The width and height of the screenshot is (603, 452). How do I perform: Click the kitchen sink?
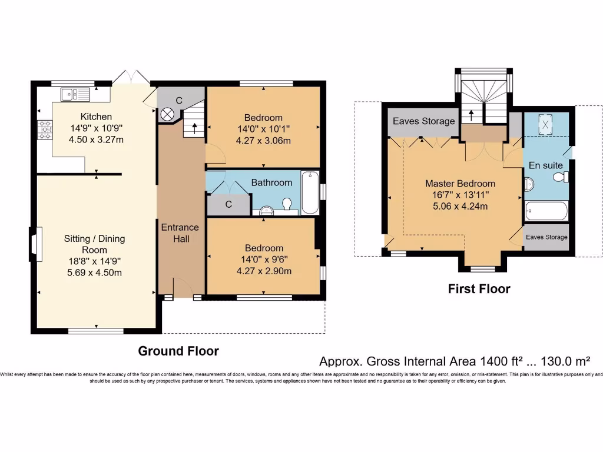pos(75,94)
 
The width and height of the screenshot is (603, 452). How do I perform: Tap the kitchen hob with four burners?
pos(45,130)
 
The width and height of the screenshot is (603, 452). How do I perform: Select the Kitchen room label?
pos(96,117)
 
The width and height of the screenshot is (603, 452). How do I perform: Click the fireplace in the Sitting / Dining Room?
pos(36,244)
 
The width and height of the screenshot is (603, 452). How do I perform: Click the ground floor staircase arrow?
pos(194,128)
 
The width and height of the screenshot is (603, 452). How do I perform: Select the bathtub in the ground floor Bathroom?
pos(310,192)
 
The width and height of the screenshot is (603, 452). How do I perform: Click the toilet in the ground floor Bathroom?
pos(287,204)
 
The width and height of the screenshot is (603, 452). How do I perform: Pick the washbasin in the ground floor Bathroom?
pos(266,210)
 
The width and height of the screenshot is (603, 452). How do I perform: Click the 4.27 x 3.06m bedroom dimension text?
pos(263,141)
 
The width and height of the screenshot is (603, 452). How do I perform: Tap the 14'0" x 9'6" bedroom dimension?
pos(264,260)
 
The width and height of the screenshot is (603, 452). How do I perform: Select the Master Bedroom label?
pos(460,184)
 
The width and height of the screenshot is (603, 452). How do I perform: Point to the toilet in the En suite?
pos(561,177)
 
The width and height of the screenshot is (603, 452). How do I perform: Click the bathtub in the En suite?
pos(546,211)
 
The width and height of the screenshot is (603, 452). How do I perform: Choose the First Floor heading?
pos(479,289)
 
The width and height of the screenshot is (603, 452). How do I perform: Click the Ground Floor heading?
pos(178,351)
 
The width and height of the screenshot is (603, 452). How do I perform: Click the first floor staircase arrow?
pos(472,115)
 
